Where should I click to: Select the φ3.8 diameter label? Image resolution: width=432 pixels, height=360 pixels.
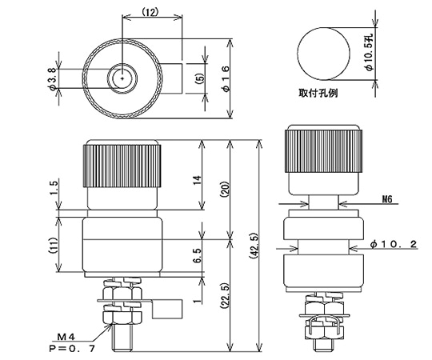(54, 78)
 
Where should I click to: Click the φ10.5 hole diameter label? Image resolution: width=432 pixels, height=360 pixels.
(369, 50)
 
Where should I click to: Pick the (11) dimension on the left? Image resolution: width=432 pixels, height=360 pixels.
(54, 245)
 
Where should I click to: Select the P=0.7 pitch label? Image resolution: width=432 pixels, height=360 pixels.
(77, 350)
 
